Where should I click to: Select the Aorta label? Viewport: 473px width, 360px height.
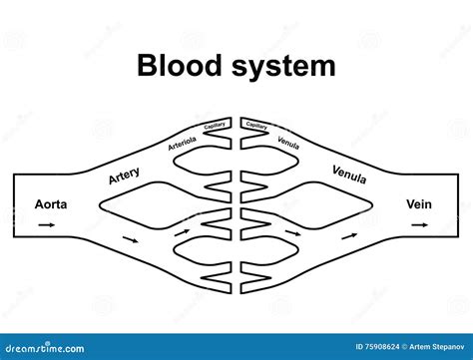pyautogui.click(x=51, y=203)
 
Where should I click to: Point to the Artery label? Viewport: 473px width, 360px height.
pyautogui.click(x=124, y=177)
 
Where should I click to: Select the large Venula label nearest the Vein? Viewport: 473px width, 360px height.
pyautogui.click(x=349, y=175)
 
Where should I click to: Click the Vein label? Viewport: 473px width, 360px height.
pyautogui.click(x=419, y=203)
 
